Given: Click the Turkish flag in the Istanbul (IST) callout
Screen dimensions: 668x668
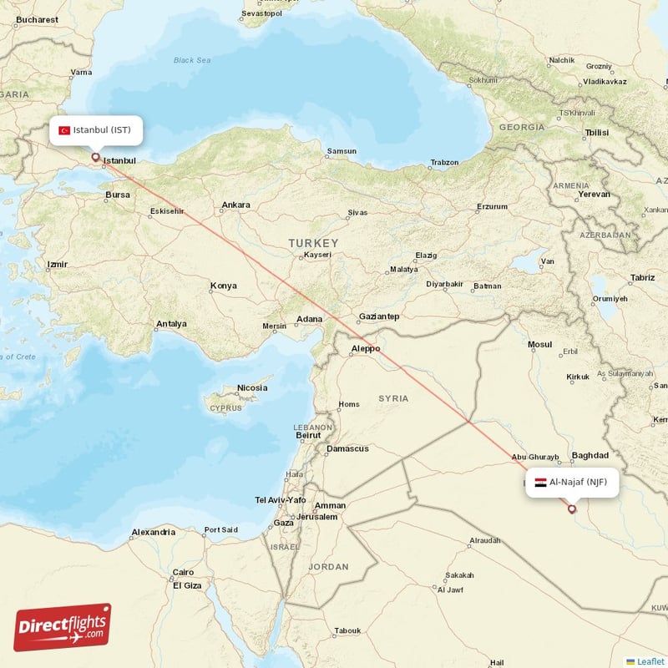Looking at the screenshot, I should coord(64,130).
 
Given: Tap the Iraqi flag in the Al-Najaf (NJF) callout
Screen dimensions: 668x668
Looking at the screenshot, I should coord(540,483).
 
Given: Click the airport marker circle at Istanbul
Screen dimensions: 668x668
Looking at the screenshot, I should coord(95,156).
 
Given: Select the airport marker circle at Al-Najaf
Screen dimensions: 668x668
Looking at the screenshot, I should coord(571,509).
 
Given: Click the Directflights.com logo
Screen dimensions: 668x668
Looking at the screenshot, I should coord(63,627).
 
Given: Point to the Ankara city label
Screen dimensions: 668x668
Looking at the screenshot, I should coord(235,205).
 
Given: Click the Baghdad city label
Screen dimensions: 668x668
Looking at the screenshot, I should coord(590,455).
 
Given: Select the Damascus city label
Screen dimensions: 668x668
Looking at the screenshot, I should coord(347,448).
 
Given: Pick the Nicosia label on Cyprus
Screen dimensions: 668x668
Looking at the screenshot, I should coord(252,387).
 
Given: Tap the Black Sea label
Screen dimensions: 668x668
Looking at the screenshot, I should coord(192,60).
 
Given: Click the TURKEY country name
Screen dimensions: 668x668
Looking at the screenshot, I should coord(313,243).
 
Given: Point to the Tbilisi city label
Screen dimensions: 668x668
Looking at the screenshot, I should coord(596,133).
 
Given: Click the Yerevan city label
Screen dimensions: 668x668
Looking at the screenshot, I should coord(594,195).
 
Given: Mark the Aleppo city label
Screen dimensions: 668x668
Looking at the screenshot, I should coord(365,348).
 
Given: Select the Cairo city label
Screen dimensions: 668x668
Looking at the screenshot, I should coord(183,573).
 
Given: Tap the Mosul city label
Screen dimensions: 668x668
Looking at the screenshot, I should coord(540,344).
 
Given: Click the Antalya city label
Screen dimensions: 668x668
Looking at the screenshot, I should coord(171,324).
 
